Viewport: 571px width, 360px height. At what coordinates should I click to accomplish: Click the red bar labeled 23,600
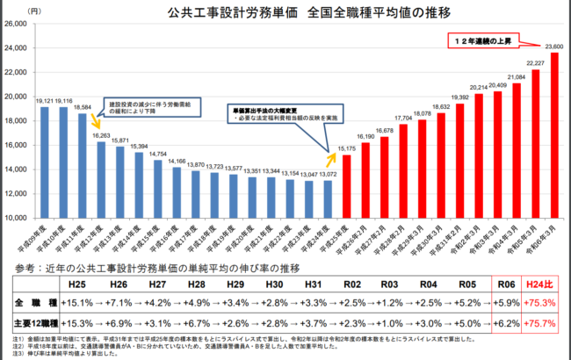(x=554, y=135)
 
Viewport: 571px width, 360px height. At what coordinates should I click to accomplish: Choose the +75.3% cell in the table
(x=540, y=304)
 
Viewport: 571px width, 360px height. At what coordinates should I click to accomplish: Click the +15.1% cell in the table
(x=76, y=304)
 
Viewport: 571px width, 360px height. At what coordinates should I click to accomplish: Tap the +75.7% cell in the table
(x=540, y=323)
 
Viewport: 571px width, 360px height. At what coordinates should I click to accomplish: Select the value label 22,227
(x=535, y=63)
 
